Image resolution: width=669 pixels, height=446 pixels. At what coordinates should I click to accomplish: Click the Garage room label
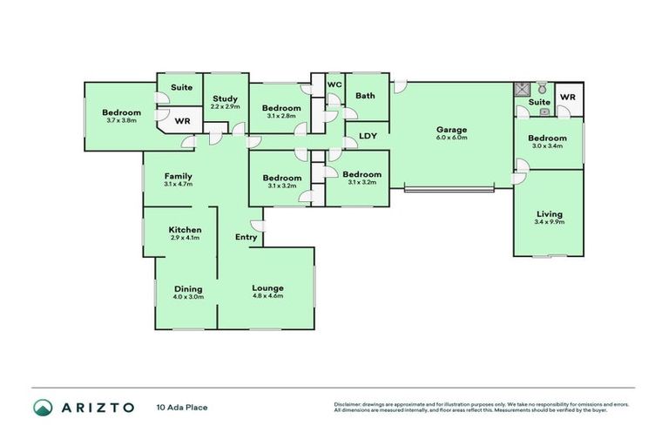coord(452,130)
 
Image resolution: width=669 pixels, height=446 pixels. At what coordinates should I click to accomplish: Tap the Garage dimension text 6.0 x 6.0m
coord(452,138)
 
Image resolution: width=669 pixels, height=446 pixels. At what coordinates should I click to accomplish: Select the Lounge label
coord(267,288)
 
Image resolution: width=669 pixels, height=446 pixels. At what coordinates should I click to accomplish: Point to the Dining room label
coord(188,288)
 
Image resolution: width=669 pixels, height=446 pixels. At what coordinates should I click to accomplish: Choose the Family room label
coord(178,176)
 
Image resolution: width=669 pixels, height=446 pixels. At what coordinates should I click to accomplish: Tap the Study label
coord(225,98)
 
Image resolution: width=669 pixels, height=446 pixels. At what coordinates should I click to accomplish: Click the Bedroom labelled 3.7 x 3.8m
coord(121,112)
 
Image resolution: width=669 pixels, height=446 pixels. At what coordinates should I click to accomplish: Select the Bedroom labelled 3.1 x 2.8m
coord(280,108)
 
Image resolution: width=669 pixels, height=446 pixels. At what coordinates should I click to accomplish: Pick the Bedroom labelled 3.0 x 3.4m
coord(547,138)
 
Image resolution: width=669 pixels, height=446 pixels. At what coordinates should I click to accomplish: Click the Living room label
coord(550,213)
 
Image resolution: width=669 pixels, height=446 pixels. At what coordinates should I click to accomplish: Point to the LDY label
coord(368,136)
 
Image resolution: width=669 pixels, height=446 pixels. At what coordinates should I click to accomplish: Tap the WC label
coord(334,84)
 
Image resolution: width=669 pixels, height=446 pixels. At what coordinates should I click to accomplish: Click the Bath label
coord(365,95)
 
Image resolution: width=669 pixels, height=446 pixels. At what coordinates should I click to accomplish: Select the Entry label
coord(246,237)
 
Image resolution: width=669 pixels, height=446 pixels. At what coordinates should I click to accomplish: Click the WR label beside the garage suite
coord(567,97)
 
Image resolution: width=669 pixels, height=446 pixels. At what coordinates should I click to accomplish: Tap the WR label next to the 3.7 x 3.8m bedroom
coord(183,122)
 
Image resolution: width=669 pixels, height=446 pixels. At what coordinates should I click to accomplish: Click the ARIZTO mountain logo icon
coord(43,407)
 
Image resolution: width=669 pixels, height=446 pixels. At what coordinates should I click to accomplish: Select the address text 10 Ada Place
coord(182,407)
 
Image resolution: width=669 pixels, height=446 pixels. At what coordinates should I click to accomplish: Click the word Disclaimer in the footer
coord(350,404)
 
